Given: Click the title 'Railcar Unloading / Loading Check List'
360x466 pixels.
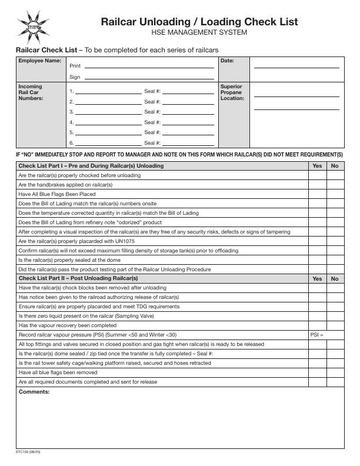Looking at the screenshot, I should pyautogui.click(x=199, y=22).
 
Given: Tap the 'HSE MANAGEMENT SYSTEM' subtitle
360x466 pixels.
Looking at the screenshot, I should pyautogui.click(x=199, y=32).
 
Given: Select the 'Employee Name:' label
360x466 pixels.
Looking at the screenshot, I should pyautogui.click(x=39, y=61).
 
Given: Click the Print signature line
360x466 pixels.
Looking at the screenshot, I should pyautogui.click(x=149, y=66).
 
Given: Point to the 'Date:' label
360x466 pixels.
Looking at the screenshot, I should pyautogui.click(x=227, y=61).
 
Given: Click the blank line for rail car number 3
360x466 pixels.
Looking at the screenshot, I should pyautogui.click(x=108, y=112).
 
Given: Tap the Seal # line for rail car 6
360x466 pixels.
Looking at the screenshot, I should pyautogui.click(x=188, y=143).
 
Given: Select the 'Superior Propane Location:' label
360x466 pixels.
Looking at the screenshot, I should pyautogui.click(x=231, y=92).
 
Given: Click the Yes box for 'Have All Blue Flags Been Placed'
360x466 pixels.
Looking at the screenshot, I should pyautogui.click(x=317, y=194).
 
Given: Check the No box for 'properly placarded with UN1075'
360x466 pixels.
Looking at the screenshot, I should pyautogui.click(x=335, y=241).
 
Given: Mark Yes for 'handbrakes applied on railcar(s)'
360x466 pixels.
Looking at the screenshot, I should pyautogui.click(x=317, y=185).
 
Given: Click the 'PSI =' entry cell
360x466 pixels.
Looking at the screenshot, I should pyautogui.click(x=326, y=335).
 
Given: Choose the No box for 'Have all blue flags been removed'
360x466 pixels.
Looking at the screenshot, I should pyautogui.click(x=335, y=372).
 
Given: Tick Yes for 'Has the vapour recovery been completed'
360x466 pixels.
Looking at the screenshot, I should pyautogui.click(x=317, y=325).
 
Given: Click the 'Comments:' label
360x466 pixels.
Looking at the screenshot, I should pyautogui.click(x=34, y=392).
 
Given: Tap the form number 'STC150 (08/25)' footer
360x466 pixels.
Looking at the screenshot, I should pyautogui.click(x=28, y=452).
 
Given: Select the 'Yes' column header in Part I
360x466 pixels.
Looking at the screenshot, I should pyautogui.click(x=317, y=166).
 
